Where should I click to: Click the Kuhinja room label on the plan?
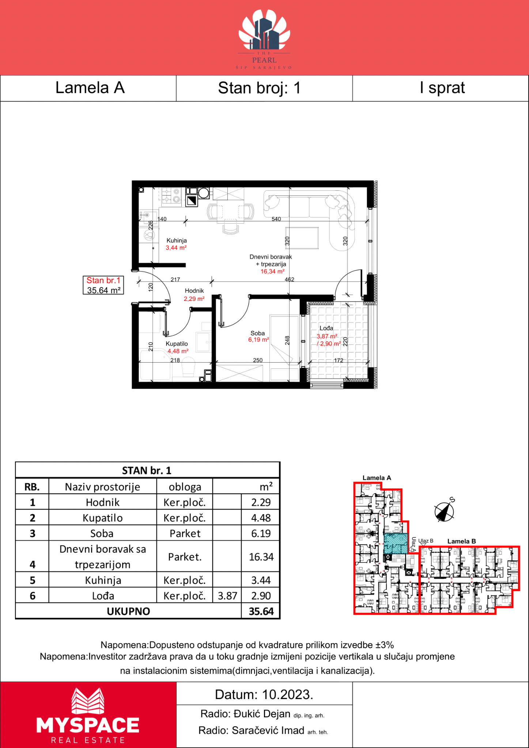point(177,240)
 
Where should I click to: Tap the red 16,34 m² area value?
point(272,271)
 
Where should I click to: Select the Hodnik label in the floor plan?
point(194,291)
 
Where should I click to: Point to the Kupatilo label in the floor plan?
point(177,344)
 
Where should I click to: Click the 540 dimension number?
point(276,219)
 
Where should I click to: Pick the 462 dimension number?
point(290,279)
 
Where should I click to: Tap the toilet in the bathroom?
point(189,367)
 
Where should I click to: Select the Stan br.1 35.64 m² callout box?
point(103,285)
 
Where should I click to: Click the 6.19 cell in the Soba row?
point(261,533)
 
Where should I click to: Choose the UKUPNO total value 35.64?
point(261,611)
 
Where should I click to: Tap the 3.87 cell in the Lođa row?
point(227,596)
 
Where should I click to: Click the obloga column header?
point(185,487)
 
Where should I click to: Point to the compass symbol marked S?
point(444,511)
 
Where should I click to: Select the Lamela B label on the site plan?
point(462,541)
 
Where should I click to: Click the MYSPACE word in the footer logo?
point(88,725)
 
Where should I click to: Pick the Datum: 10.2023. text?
point(264,694)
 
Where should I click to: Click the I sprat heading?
point(442,88)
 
